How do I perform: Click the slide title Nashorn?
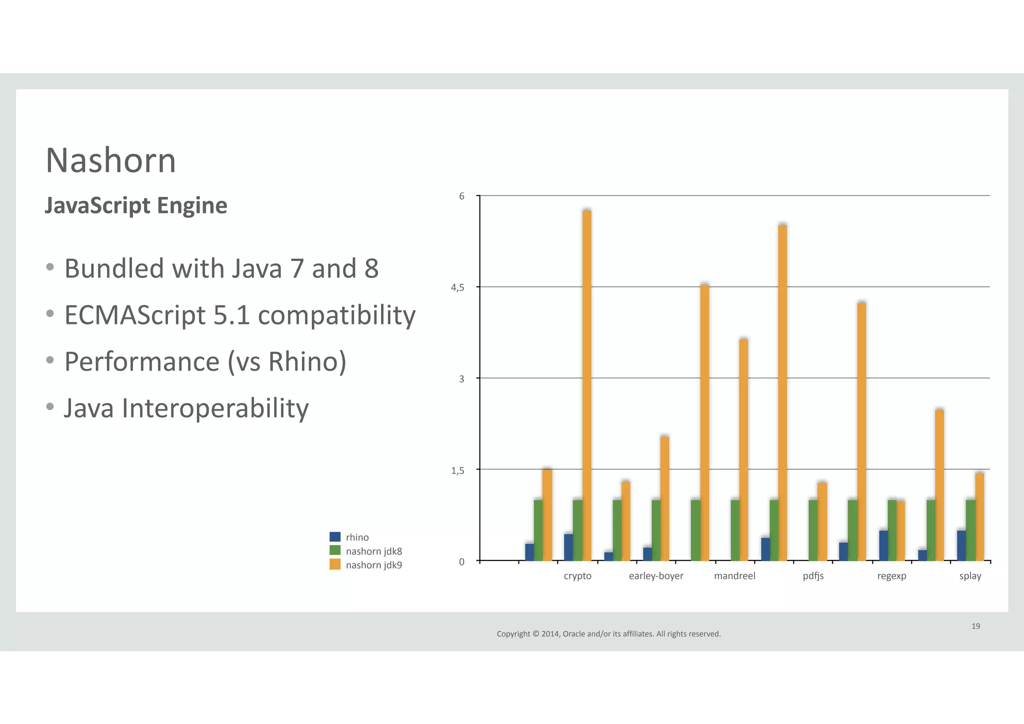click(110, 161)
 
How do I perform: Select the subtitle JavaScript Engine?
click(136, 205)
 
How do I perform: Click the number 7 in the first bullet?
click(297, 268)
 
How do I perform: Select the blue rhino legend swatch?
click(335, 537)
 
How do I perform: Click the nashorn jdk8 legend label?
click(373, 551)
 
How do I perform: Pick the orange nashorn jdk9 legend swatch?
click(335, 564)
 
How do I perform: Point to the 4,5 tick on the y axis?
click(457, 287)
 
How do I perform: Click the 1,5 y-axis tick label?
click(457, 470)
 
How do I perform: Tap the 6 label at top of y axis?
click(461, 196)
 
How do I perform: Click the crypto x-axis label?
click(577, 576)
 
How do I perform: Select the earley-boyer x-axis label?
click(656, 576)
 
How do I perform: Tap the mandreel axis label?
click(734, 576)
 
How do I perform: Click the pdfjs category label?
click(813, 576)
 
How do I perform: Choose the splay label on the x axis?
click(970, 576)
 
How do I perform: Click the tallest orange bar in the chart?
click(587, 385)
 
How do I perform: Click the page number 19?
click(975, 626)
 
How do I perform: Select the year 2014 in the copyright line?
click(549, 634)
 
